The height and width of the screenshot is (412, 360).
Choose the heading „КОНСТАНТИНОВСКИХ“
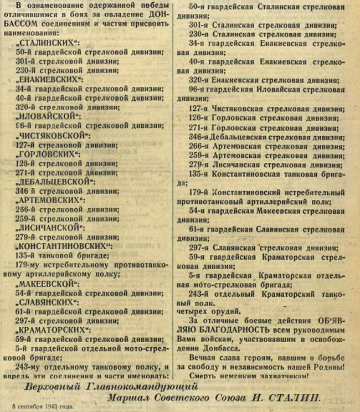click(65, 246)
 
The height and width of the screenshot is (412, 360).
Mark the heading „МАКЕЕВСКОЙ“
click(47, 284)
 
